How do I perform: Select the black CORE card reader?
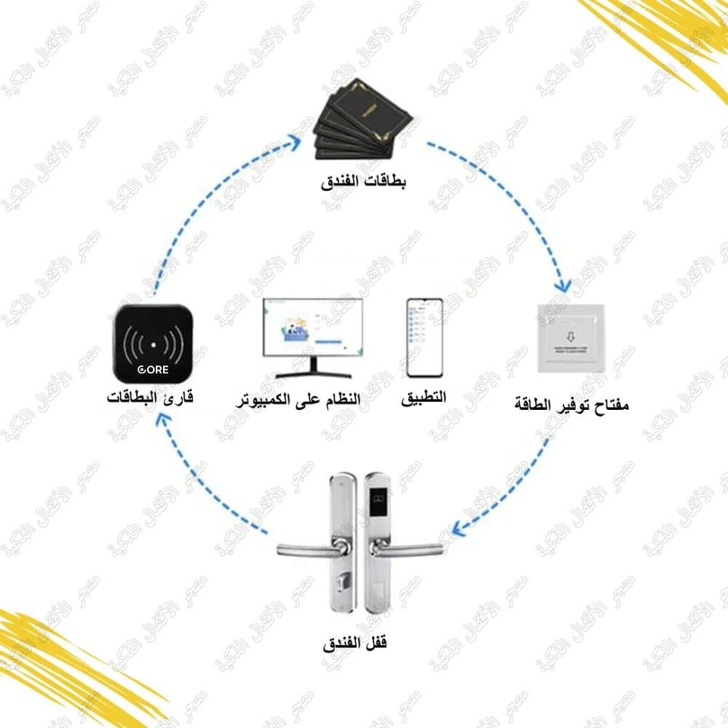pyautogui.click(x=153, y=345)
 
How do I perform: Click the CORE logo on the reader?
pyautogui.click(x=153, y=369)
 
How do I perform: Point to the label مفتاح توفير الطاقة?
pyautogui.click(x=571, y=402)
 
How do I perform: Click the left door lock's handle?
pyautogui.click(x=306, y=547)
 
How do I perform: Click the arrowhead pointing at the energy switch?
pyautogui.click(x=562, y=285)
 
